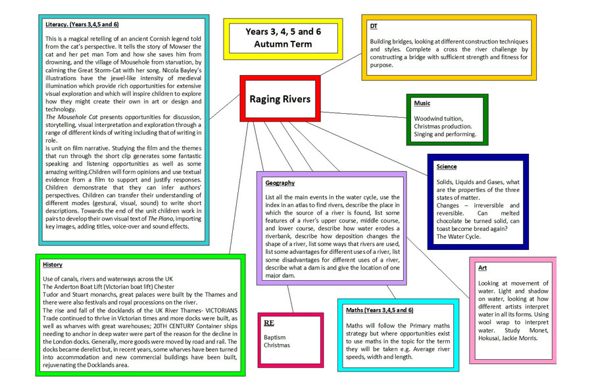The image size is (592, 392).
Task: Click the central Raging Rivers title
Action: [280, 99]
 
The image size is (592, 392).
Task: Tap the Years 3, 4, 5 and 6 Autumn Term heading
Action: [283, 37]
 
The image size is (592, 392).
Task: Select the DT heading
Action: [374, 26]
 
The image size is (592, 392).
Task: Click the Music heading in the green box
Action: [422, 103]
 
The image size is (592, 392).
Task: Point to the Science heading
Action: [446, 166]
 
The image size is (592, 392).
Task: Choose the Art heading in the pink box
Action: [482, 268]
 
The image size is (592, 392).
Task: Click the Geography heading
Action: [280, 183]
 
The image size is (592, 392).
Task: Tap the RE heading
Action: [269, 323]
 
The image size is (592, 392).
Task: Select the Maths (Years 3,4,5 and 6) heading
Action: [380, 310]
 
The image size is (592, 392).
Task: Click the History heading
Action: [53, 265]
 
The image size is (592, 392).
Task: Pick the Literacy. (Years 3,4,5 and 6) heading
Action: [82, 24]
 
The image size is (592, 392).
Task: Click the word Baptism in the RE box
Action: [274, 337]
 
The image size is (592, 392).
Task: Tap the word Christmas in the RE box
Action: [277, 345]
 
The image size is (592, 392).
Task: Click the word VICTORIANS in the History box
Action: [221, 310]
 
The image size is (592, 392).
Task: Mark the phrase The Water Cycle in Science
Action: [458, 237]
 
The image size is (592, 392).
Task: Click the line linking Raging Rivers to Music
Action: [364, 115]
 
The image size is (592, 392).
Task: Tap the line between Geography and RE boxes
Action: [290, 299]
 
